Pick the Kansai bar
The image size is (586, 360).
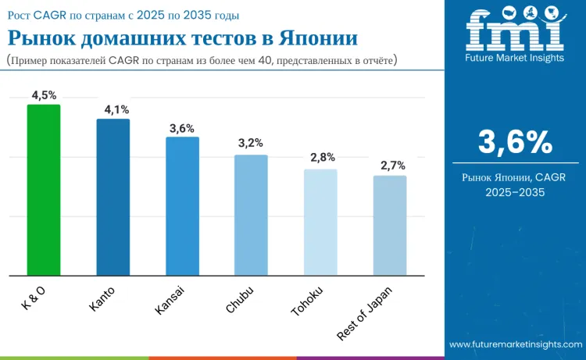[182, 206]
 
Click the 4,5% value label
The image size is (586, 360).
[44, 95]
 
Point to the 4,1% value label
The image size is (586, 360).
[113, 109]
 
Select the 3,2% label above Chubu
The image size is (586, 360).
[251, 143]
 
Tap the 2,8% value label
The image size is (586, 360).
[320, 158]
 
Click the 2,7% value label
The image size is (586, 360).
[389, 166]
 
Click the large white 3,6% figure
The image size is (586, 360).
[515, 143]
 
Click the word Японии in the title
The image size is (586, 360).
[304, 37]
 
